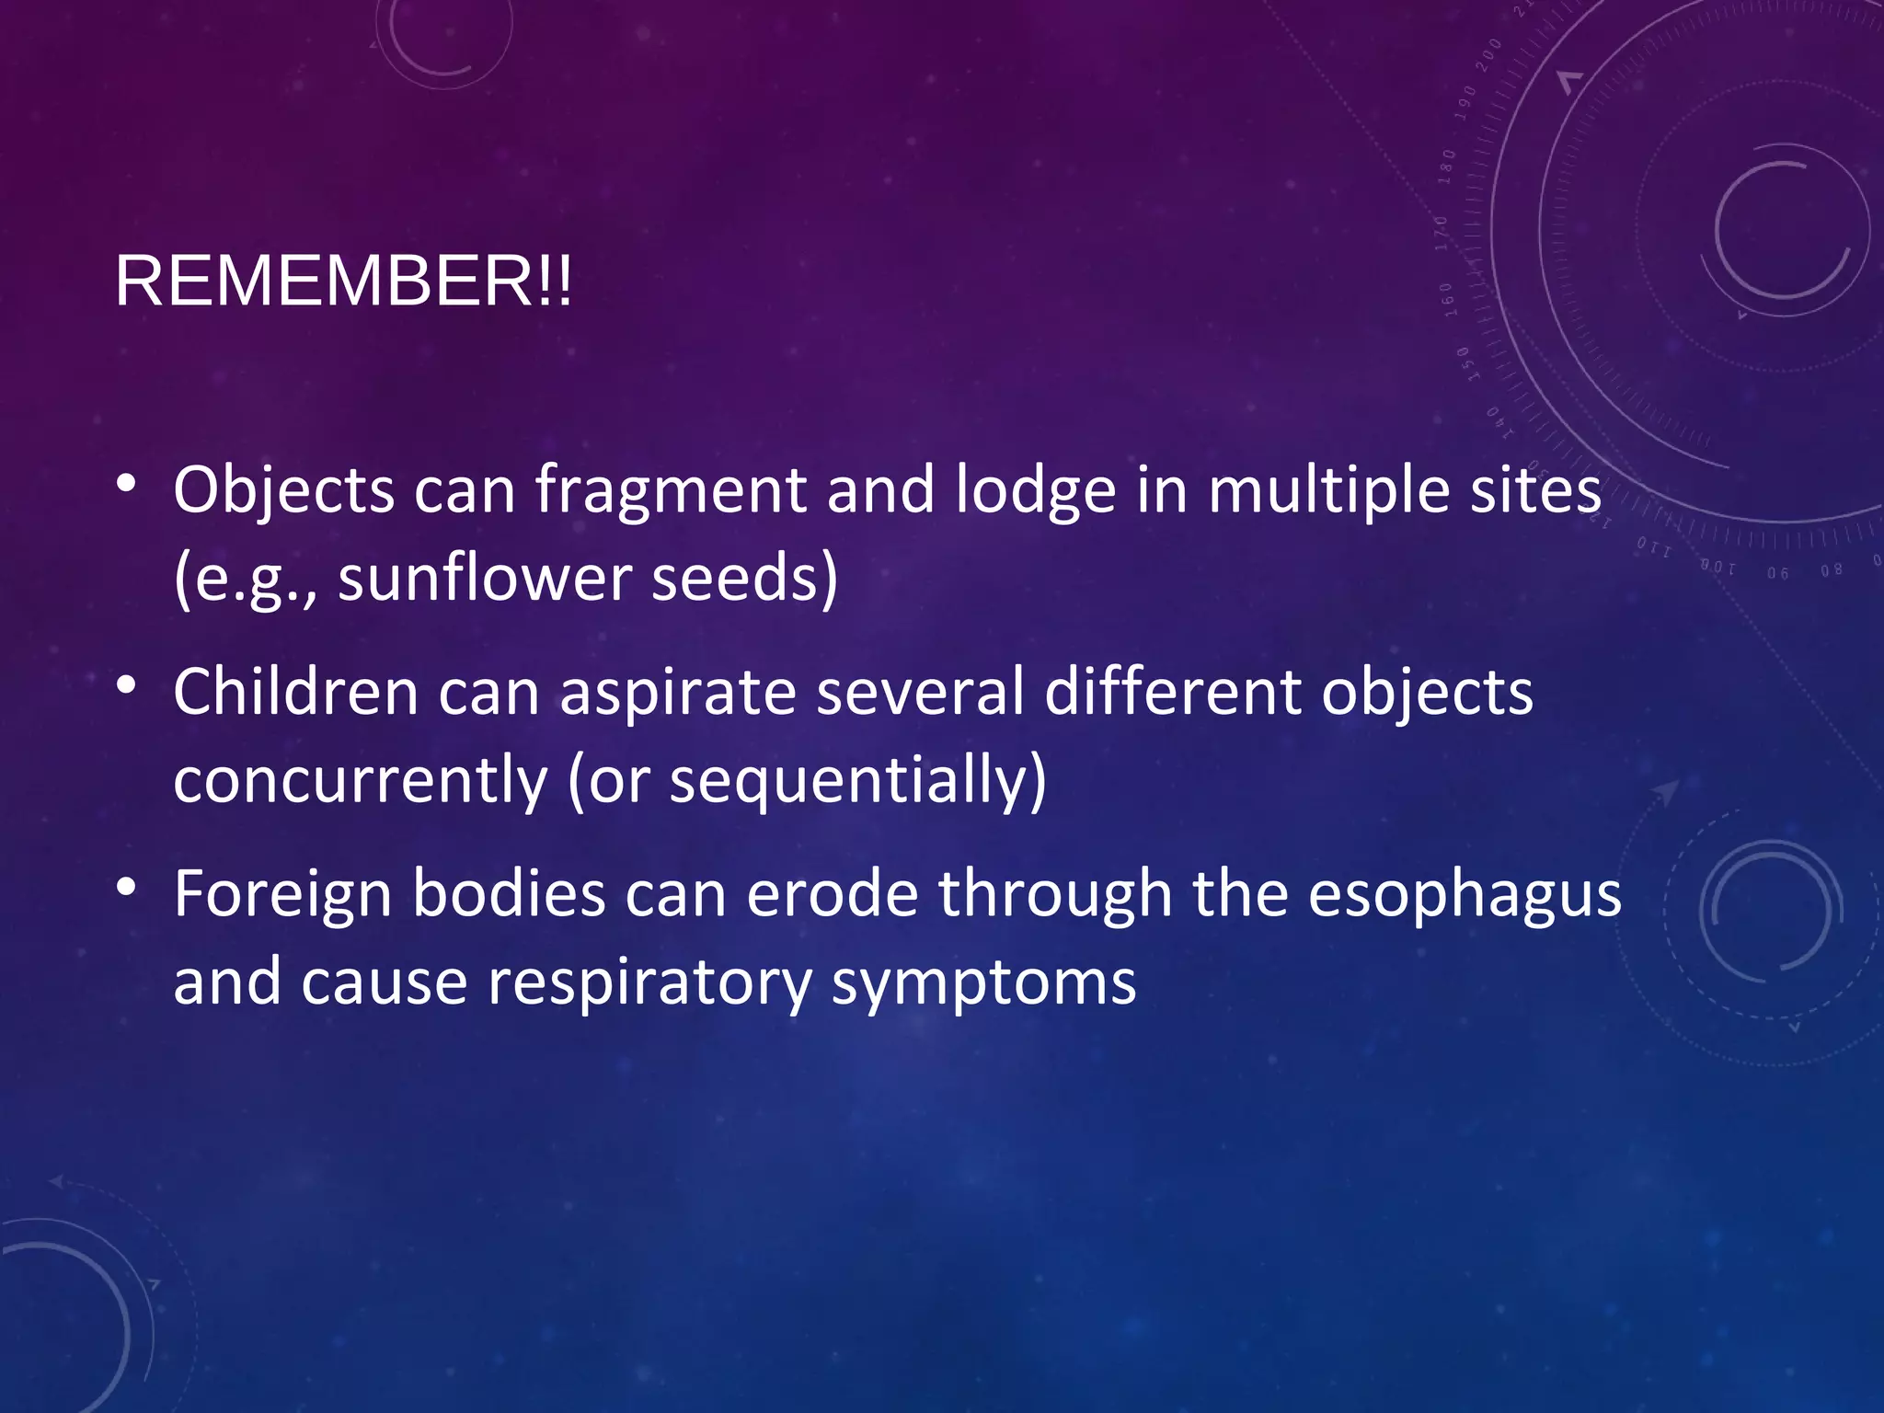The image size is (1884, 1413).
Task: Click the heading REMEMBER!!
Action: [343, 281]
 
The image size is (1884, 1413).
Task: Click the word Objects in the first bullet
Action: [283, 490]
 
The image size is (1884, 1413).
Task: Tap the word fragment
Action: [671, 490]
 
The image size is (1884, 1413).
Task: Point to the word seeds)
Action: [744, 579]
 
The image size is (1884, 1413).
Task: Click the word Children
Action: [295, 692]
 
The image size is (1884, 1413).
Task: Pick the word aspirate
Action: [678, 692]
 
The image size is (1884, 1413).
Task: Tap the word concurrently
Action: [360, 780]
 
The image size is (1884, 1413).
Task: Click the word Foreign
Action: [282, 894]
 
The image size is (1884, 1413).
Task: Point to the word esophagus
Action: [1465, 894]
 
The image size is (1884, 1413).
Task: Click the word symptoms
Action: [983, 982]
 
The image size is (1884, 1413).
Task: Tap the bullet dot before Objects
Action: [127, 483]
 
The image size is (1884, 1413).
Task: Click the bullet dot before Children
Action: [127, 685]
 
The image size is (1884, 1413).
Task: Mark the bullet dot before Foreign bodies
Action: [127, 887]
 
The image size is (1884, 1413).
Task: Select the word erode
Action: [832, 894]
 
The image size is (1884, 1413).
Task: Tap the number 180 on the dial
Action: [1447, 166]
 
